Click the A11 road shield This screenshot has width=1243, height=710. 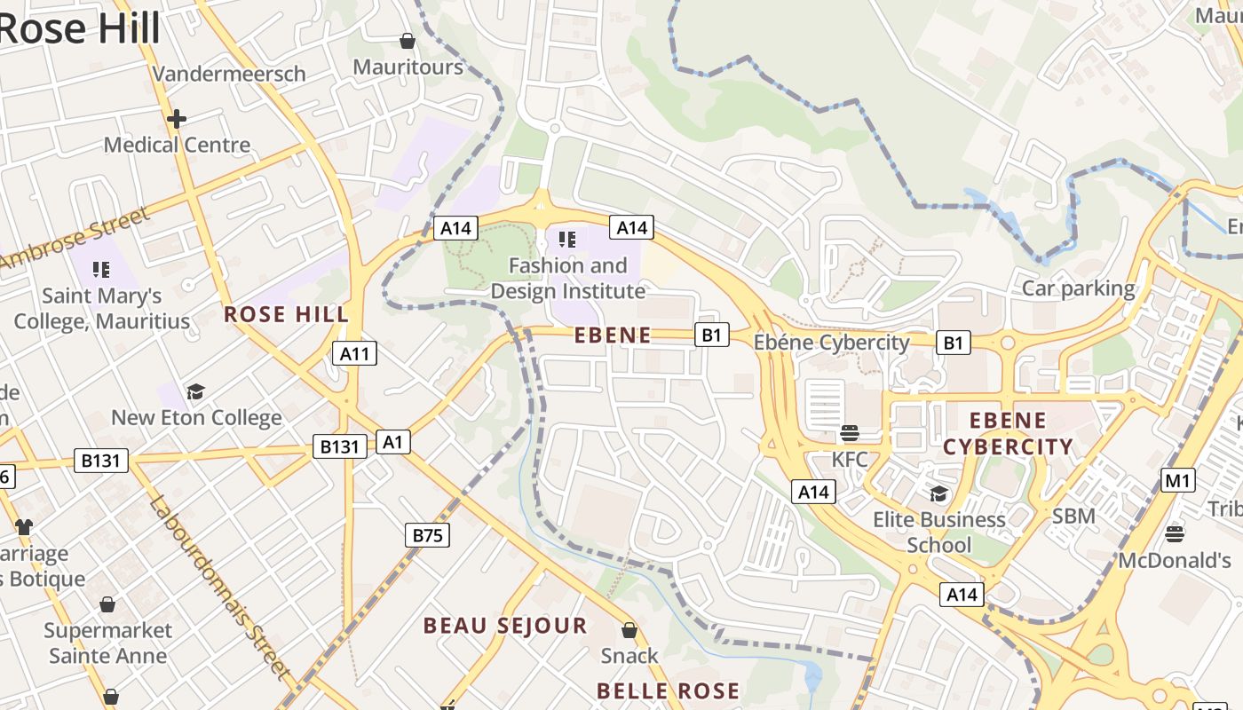point(354,354)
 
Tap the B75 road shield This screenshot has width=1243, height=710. point(427,535)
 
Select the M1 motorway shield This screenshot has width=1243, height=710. point(1177,481)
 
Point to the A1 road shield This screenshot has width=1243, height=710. point(393,442)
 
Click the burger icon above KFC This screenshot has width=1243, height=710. point(849,433)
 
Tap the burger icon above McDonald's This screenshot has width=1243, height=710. point(1174,533)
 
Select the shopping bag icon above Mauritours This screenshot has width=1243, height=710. point(407,41)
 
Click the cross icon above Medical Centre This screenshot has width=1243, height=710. point(177,118)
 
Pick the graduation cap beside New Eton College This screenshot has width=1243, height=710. point(195,391)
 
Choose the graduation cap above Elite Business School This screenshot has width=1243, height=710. point(938,493)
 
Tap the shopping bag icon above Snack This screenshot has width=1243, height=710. point(629,630)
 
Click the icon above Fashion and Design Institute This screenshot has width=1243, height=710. point(567,239)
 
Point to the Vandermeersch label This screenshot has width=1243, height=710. point(229,74)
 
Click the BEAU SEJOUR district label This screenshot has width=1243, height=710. point(505,626)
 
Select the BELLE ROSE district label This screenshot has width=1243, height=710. point(668,691)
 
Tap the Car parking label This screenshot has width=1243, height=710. point(1078,288)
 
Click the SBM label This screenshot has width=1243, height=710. point(1073,516)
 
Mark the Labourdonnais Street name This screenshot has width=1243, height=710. point(219,587)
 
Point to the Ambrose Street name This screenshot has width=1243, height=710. point(75,240)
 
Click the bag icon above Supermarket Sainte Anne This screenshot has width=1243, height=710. point(107,604)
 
